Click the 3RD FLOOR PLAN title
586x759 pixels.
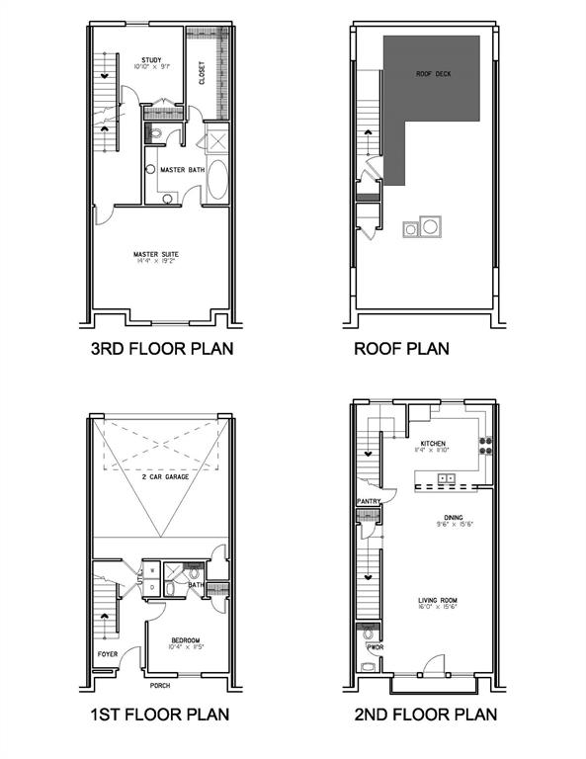tap(162, 348)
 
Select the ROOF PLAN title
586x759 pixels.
tap(401, 348)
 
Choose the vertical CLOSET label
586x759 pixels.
tap(202, 73)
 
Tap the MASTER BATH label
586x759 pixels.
tap(183, 170)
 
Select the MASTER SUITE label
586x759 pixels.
tap(155, 254)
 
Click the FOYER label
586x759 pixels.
tap(107, 653)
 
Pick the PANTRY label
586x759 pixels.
tap(368, 502)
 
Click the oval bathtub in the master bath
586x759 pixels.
tap(218, 182)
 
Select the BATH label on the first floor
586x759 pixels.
tap(196, 584)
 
